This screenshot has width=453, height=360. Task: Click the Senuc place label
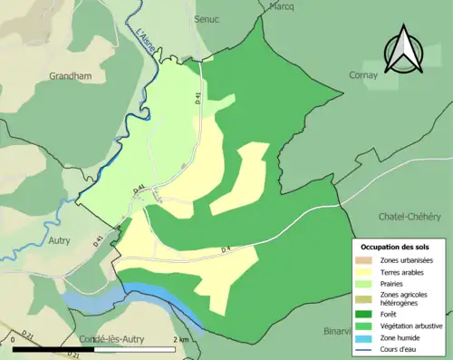207,18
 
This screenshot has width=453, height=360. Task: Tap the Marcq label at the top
283,5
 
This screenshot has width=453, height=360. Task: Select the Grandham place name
71,77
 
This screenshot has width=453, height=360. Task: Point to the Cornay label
363,75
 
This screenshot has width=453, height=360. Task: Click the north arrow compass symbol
402,49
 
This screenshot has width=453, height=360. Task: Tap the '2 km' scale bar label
183,340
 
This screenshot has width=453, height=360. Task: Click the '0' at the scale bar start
13,340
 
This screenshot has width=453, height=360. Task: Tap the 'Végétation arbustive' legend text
413,322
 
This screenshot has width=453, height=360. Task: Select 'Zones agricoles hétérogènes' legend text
405,297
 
